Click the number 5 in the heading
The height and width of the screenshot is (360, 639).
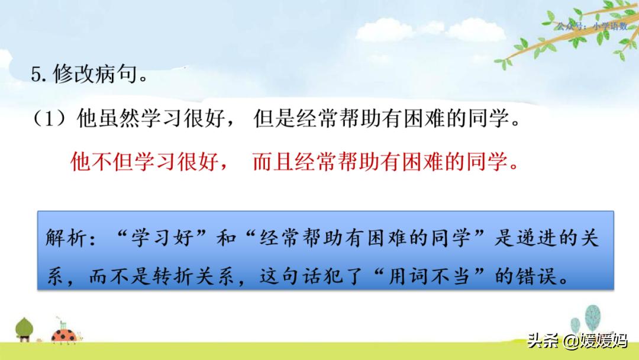(x=35, y=75)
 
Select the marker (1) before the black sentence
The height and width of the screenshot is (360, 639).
(x=51, y=120)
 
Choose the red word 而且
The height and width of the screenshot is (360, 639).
(x=273, y=162)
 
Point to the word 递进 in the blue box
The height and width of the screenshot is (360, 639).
(x=531, y=239)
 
